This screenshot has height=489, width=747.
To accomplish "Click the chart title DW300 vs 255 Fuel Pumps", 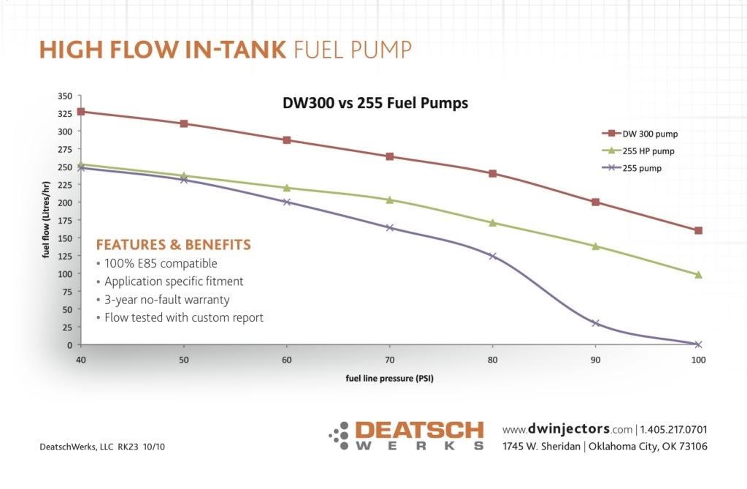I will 375,104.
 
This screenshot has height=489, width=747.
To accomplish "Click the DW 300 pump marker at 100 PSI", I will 698,230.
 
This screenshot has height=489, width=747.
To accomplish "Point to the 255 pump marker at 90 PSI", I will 595,323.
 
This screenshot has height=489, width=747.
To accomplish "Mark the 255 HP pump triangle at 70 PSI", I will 389,200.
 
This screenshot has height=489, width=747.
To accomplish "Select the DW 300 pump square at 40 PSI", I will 81,112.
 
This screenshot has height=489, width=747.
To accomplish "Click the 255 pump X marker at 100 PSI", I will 698,344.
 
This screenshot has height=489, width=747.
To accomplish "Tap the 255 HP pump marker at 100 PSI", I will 698,275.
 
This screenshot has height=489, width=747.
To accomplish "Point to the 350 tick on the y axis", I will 65,96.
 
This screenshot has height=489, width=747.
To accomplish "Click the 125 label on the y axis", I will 65,256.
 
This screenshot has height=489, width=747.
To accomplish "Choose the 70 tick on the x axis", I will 389,360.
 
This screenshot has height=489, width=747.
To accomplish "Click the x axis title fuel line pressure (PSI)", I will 390,379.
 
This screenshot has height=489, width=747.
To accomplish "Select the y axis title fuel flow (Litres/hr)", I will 45,219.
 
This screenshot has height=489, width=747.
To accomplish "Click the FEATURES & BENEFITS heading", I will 173,245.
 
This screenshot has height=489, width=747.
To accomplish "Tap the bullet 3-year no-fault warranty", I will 166,300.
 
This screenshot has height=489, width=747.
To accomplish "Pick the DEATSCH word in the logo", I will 418,430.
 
